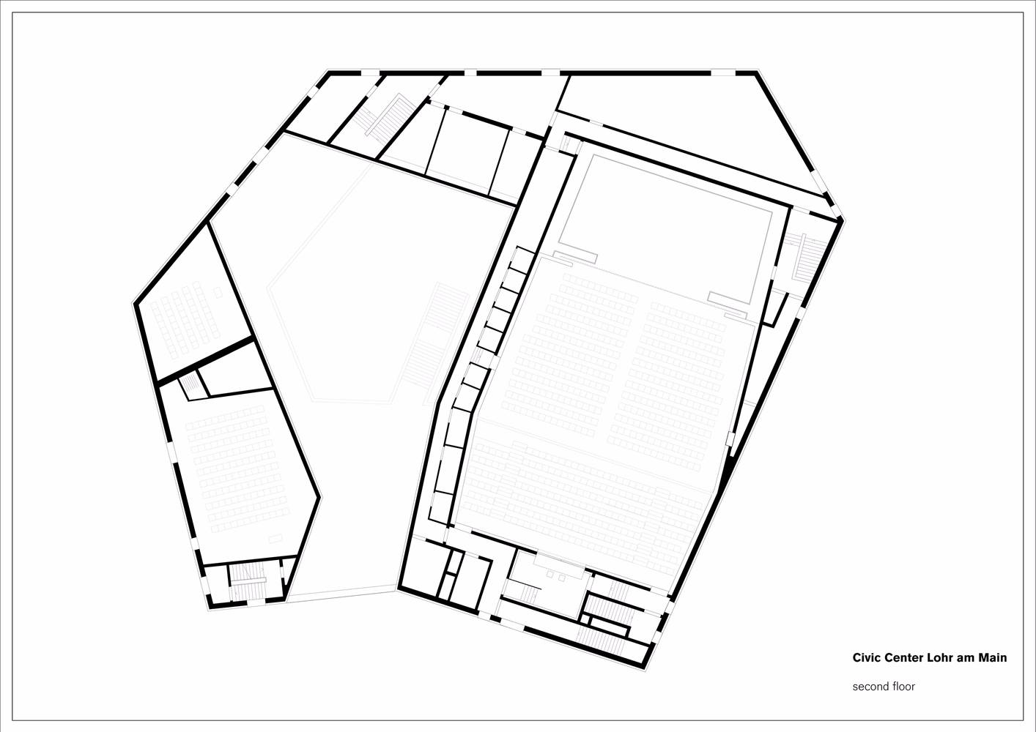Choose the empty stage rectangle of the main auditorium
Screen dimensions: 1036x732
coord(665,228)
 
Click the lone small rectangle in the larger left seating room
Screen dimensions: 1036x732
coord(275,538)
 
